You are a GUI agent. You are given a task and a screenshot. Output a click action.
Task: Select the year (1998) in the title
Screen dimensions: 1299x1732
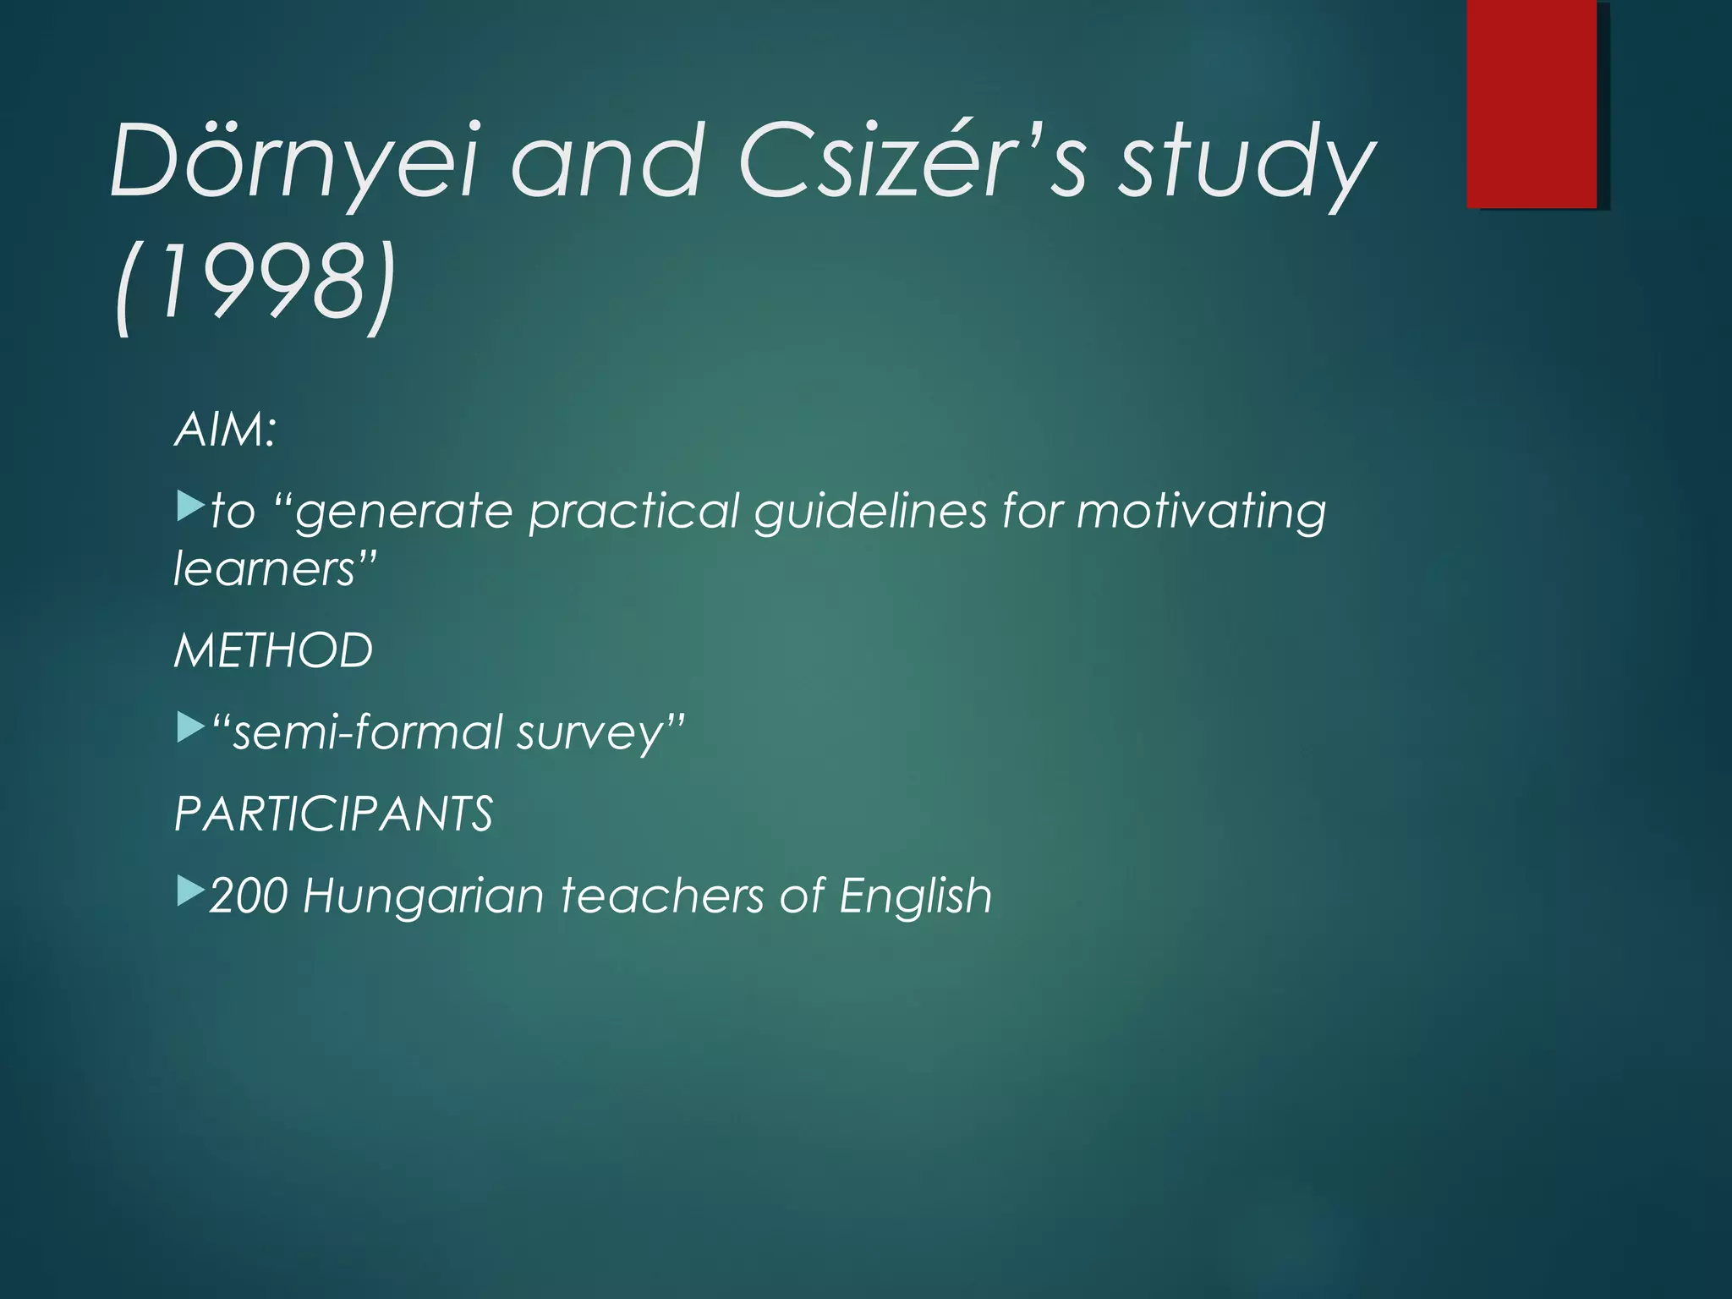coord(254,283)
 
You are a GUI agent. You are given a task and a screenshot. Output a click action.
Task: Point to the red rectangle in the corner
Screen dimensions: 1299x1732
coord(1532,103)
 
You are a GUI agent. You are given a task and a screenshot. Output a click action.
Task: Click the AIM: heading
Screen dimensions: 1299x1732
coord(225,430)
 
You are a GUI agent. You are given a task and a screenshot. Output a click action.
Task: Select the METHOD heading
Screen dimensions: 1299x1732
coord(273,650)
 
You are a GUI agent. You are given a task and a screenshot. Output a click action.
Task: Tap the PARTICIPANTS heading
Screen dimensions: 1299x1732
coord(333,814)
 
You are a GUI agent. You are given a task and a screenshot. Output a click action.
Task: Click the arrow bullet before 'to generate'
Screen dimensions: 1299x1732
coord(190,507)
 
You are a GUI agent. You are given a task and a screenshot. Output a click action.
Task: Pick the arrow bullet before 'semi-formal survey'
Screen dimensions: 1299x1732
coord(190,728)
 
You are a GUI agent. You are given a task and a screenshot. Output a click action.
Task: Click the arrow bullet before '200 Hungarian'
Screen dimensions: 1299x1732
coord(190,891)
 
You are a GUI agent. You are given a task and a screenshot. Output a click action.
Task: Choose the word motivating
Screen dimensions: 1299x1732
coord(1201,512)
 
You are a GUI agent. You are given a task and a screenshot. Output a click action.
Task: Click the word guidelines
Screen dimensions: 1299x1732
coord(870,512)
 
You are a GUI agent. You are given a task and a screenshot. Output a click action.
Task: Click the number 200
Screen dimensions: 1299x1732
coord(249,896)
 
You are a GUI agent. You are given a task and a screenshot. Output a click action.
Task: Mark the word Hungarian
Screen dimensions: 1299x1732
coord(423,897)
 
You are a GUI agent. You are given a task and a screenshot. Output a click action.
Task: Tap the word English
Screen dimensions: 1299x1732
coord(915,897)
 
